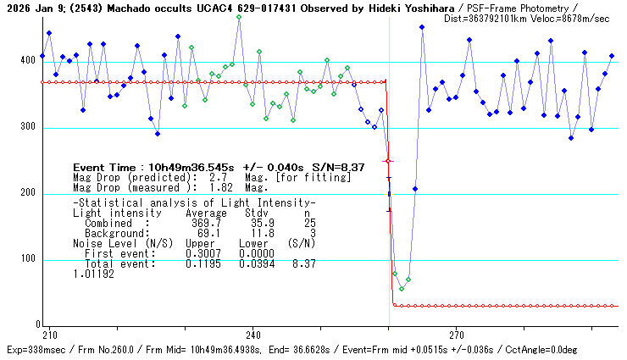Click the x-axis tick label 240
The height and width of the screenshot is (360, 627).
252,334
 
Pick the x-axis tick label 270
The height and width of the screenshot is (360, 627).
456,334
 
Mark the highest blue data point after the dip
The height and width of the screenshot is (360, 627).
422,27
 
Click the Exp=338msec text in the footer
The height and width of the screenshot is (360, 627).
35,349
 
